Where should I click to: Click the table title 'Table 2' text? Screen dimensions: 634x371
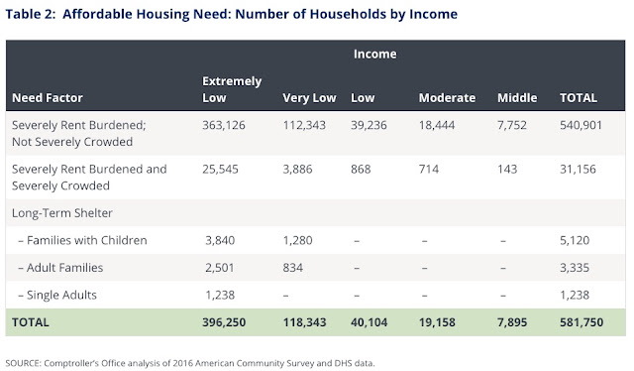click(31, 14)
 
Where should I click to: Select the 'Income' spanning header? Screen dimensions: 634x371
click(374, 54)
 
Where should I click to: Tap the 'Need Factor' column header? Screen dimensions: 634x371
click(48, 97)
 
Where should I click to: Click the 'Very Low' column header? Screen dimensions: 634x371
click(309, 98)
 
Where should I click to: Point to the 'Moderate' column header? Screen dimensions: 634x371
click(447, 97)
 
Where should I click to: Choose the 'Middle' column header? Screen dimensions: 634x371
click(517, 97)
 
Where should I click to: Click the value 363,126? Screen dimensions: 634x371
click(224, 125)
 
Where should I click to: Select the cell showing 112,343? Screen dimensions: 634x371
click(304, 125)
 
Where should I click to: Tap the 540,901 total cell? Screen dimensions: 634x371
click(581, 125)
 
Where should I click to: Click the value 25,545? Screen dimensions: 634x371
click(220, 169)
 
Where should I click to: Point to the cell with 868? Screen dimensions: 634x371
click(361, 169)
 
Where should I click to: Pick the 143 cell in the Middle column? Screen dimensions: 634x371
click(507, 169)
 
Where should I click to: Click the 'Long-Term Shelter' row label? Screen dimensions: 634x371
click(62, 213)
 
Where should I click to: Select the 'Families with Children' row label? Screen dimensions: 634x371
click(86, 240)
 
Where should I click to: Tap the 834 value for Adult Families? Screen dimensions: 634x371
click(293, 268)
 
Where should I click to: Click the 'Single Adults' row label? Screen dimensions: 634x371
click(61, 295)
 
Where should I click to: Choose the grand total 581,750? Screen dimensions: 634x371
click(581, 322)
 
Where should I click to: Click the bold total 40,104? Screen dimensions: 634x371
click(369, 322)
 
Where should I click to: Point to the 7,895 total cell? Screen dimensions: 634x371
click(512, 322)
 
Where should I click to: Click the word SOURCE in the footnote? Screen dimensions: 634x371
click(23, 363)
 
